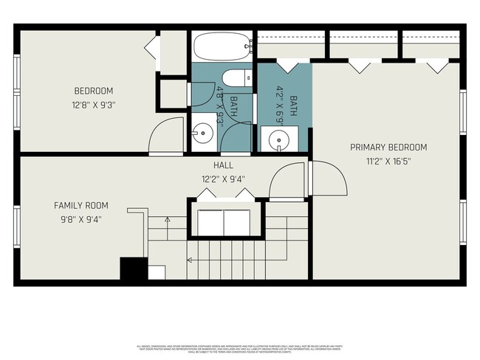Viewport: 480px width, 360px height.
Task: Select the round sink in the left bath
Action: tap(202, 134)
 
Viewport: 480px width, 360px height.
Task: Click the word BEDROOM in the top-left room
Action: tap(93, 91)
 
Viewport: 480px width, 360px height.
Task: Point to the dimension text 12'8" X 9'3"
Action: tap(93, 104)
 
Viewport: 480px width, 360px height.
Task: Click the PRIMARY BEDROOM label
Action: tap(388, 147)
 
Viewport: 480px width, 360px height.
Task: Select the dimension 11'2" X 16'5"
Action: tap(388, 160)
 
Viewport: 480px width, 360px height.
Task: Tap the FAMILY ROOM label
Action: tap(81, 205)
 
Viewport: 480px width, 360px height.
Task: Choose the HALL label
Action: tap(224, 165)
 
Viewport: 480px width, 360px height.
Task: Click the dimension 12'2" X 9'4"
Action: tap(224, 179)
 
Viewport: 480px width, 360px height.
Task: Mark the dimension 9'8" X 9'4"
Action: tap(81, 218)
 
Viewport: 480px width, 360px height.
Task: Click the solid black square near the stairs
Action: tap(134, 269)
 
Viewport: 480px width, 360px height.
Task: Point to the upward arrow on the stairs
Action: tap(168, 219)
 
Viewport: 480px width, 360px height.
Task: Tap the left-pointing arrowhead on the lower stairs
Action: tap(188, 260)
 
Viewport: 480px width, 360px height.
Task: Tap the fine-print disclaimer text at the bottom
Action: tap(240, 347)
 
